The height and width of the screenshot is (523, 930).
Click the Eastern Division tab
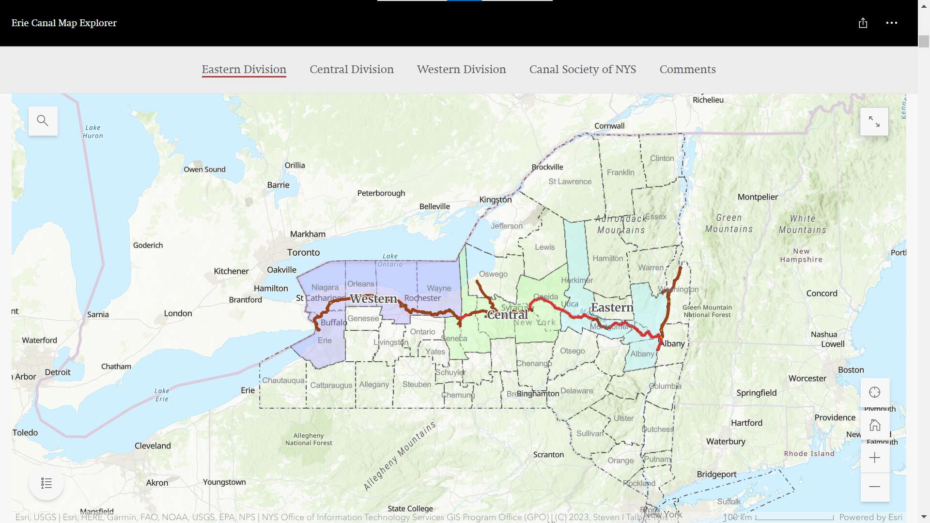click(x=244, y=69)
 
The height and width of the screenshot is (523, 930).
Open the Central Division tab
click(x=352, y=69)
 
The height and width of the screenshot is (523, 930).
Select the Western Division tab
click(x=461, y=69)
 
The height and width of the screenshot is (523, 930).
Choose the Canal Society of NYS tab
click(x=583, y=69)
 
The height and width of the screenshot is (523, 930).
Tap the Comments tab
click(x=687, y=69)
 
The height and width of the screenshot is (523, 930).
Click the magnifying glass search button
click(x=43, y=121)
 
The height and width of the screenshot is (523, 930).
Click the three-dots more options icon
click(x=891, y=23)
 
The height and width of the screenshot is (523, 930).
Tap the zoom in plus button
click(x=874, y=458)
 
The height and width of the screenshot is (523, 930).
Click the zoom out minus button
click(x=874, y=487)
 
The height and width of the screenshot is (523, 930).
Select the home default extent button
click(x=874, y=425)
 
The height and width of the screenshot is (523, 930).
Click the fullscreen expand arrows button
click(x=874, y=122)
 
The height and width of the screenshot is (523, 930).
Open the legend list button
click(x=46, y=483)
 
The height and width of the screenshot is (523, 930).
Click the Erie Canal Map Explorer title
click(x=64, y=23)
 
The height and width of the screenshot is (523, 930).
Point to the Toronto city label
click(x=303, y=252)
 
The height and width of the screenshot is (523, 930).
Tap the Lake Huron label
click(x=93, y=132)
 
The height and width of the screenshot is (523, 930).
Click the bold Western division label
click(x=373, y=299)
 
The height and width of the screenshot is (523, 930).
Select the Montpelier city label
click(x=758, y=197)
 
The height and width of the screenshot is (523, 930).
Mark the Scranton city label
click(x=548, y=455)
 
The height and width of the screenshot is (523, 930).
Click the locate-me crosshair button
click(x=874, y=392)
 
